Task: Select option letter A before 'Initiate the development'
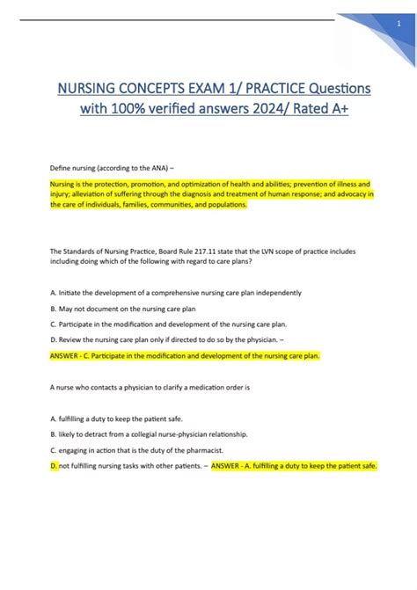click(54, 293)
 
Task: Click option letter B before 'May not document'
click(54, 309)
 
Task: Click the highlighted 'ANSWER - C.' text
click(75, 356)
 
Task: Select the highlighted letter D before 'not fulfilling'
click(54, 465)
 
